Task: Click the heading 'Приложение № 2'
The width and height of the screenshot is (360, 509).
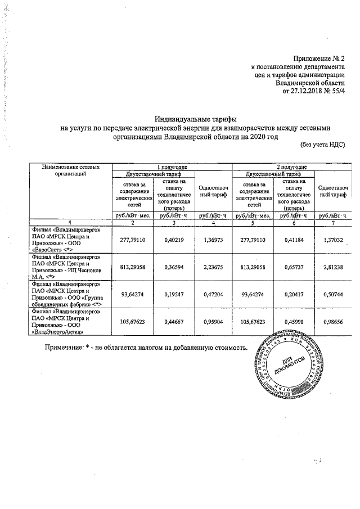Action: [x=318, y=58]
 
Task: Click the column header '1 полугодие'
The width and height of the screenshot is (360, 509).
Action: [x=172, y=167]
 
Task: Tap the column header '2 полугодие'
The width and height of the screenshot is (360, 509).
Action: [x=291, y=167]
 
